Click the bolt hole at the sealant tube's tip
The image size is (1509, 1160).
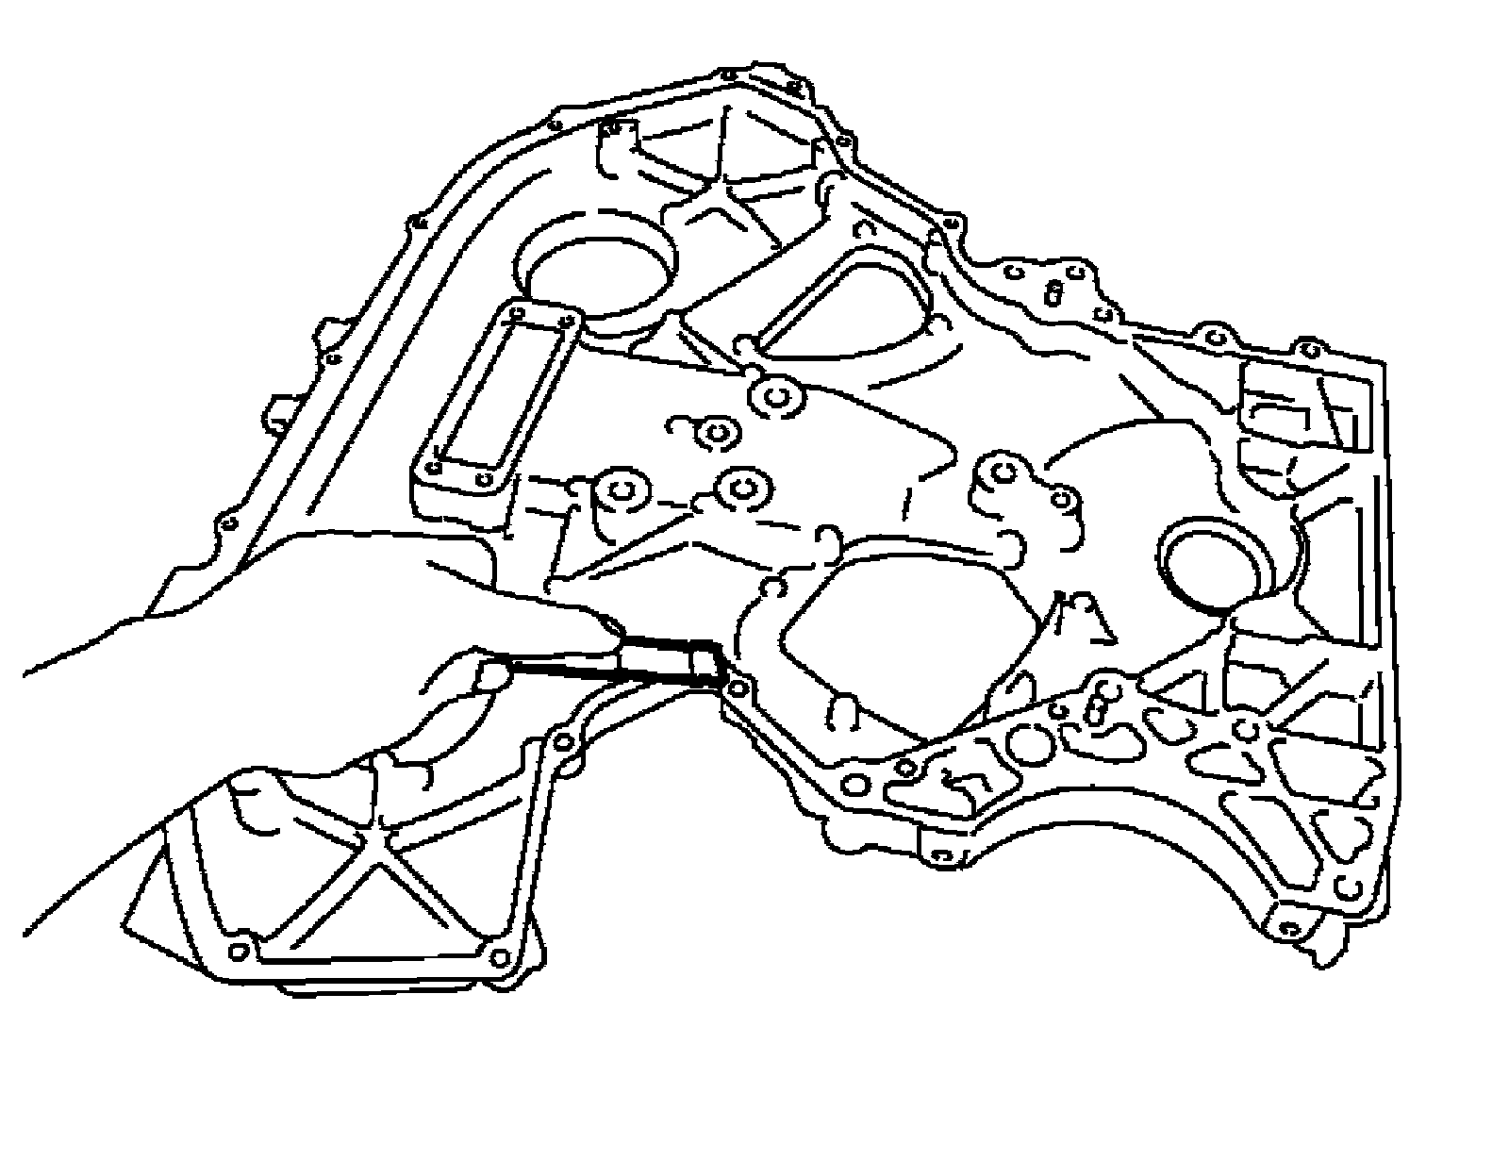pos(738,687)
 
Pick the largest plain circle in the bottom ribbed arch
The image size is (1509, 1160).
pos(1029,745)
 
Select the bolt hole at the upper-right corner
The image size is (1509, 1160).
pos(1309,350)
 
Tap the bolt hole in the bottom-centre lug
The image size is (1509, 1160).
pos(937,856)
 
